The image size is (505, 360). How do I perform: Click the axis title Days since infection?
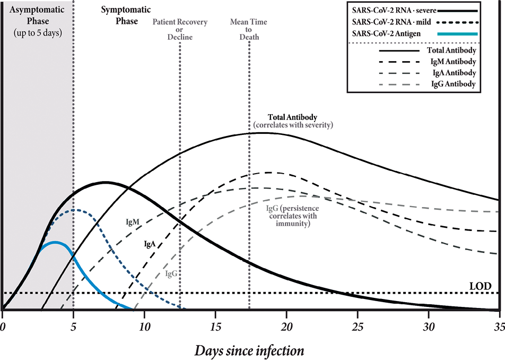tap(249, 350)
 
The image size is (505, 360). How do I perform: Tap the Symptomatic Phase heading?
tap(119, 15)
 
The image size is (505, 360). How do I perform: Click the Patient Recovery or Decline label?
tap(180, 30)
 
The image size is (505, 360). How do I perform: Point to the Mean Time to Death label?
tap(249, 30)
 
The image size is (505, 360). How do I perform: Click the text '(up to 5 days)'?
tap(38, 33)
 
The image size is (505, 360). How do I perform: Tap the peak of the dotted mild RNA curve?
tap(75, 210)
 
